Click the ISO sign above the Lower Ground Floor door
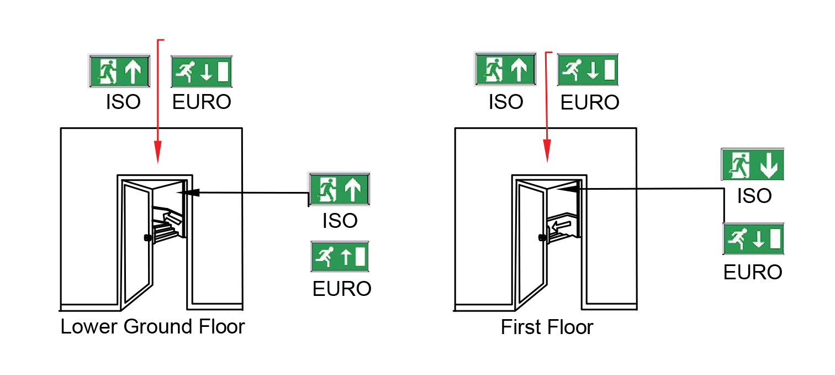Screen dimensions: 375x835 (119, 71)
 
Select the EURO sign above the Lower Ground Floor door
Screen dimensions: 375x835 (202, 71)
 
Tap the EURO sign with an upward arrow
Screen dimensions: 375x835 (340, 257)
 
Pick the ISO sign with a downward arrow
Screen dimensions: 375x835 (753, 164)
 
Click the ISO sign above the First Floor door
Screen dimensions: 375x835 (505, 70)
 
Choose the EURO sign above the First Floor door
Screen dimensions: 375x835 (588, 70)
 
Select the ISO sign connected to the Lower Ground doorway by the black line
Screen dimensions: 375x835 (339, 189)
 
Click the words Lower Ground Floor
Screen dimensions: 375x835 (152, 326)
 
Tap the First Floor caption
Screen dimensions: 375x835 (547, 327)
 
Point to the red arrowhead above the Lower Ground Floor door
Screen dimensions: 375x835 (158, 152)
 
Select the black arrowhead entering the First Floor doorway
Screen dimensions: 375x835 (570, 189)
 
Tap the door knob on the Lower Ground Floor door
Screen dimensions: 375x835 (147, 238)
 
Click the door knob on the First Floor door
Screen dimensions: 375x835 (542, 238)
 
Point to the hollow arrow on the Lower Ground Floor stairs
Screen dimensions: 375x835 (173, 220)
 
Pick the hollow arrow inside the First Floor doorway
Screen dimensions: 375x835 (561, 225)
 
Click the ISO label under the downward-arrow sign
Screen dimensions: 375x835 (754, 196)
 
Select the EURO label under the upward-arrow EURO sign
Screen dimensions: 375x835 (342, 289)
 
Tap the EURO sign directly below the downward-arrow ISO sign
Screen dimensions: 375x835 (753, 238)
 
